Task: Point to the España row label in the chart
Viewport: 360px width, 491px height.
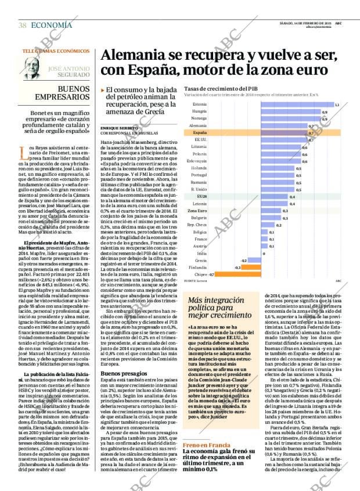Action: [200, 133]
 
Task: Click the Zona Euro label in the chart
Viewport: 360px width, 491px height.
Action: [199, 211]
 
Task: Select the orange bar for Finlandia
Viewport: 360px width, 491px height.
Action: [237, 267]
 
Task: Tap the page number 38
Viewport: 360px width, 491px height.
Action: [23, 25]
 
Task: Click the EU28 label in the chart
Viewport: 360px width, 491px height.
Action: [201, 197]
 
